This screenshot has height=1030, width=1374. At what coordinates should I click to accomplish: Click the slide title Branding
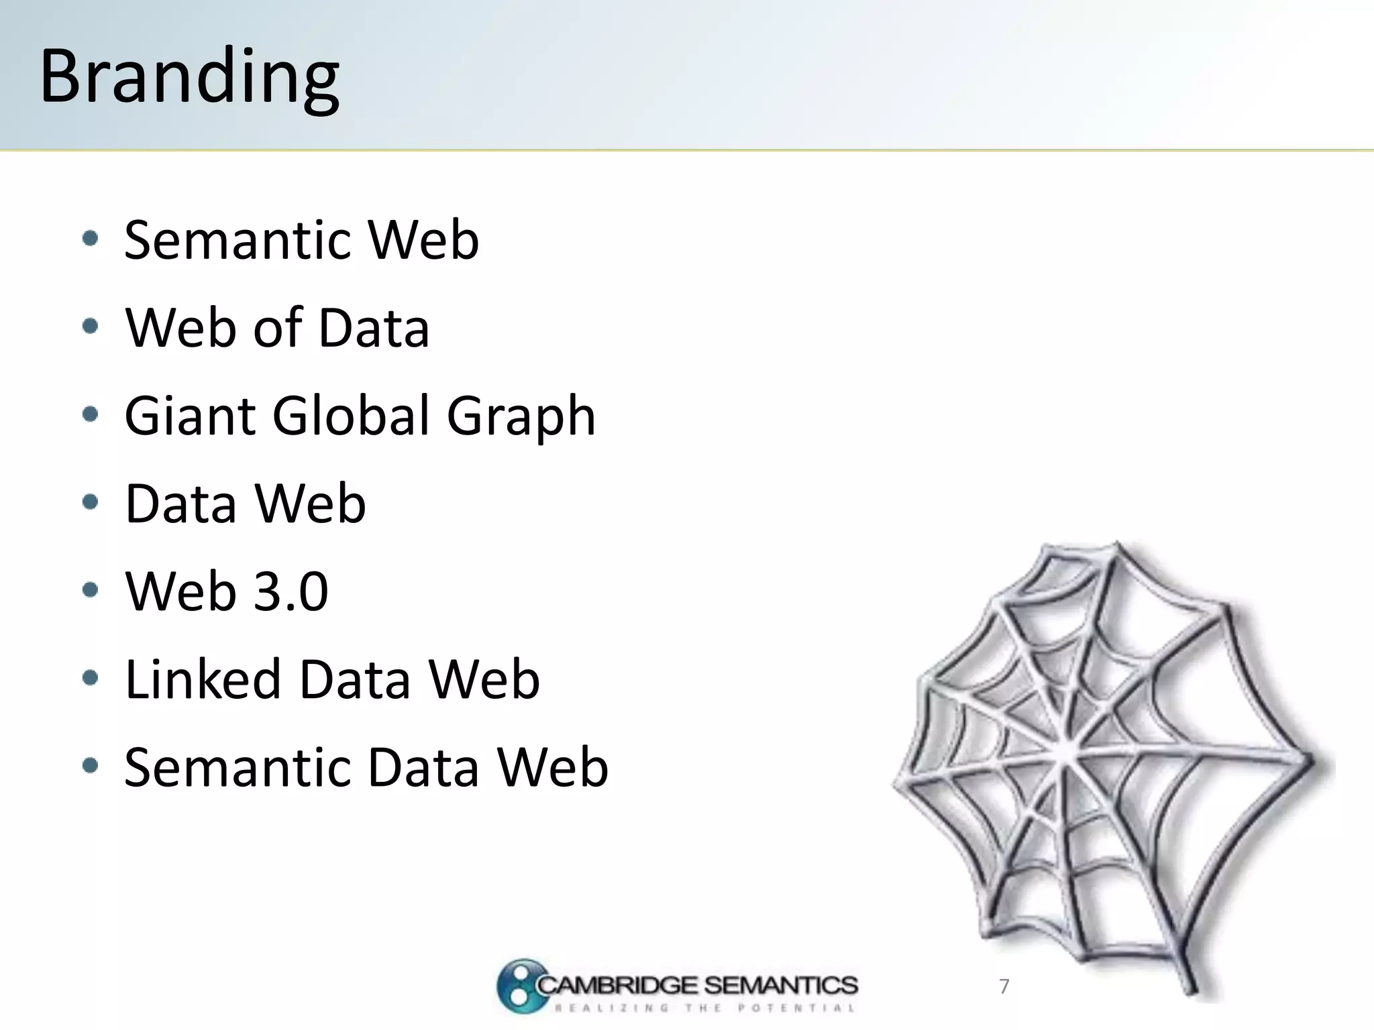click(190, 77)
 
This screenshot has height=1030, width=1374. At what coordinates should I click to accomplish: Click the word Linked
click(203, 679)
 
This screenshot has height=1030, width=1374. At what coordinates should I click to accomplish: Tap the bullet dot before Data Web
click(90, 502)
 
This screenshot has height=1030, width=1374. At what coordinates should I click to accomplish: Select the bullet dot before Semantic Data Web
click(90, 766)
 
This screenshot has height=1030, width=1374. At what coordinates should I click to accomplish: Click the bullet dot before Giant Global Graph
click(90, 414)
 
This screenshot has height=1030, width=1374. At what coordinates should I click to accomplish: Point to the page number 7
click(1004, 986)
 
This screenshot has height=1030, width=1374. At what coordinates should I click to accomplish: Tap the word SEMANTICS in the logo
click(780, 985)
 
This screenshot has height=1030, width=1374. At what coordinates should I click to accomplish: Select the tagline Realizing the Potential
click(704, 1008)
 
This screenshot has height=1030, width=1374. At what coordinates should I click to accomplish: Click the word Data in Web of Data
click(373, 328)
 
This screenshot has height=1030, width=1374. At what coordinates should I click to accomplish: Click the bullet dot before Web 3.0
click(90, 590)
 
